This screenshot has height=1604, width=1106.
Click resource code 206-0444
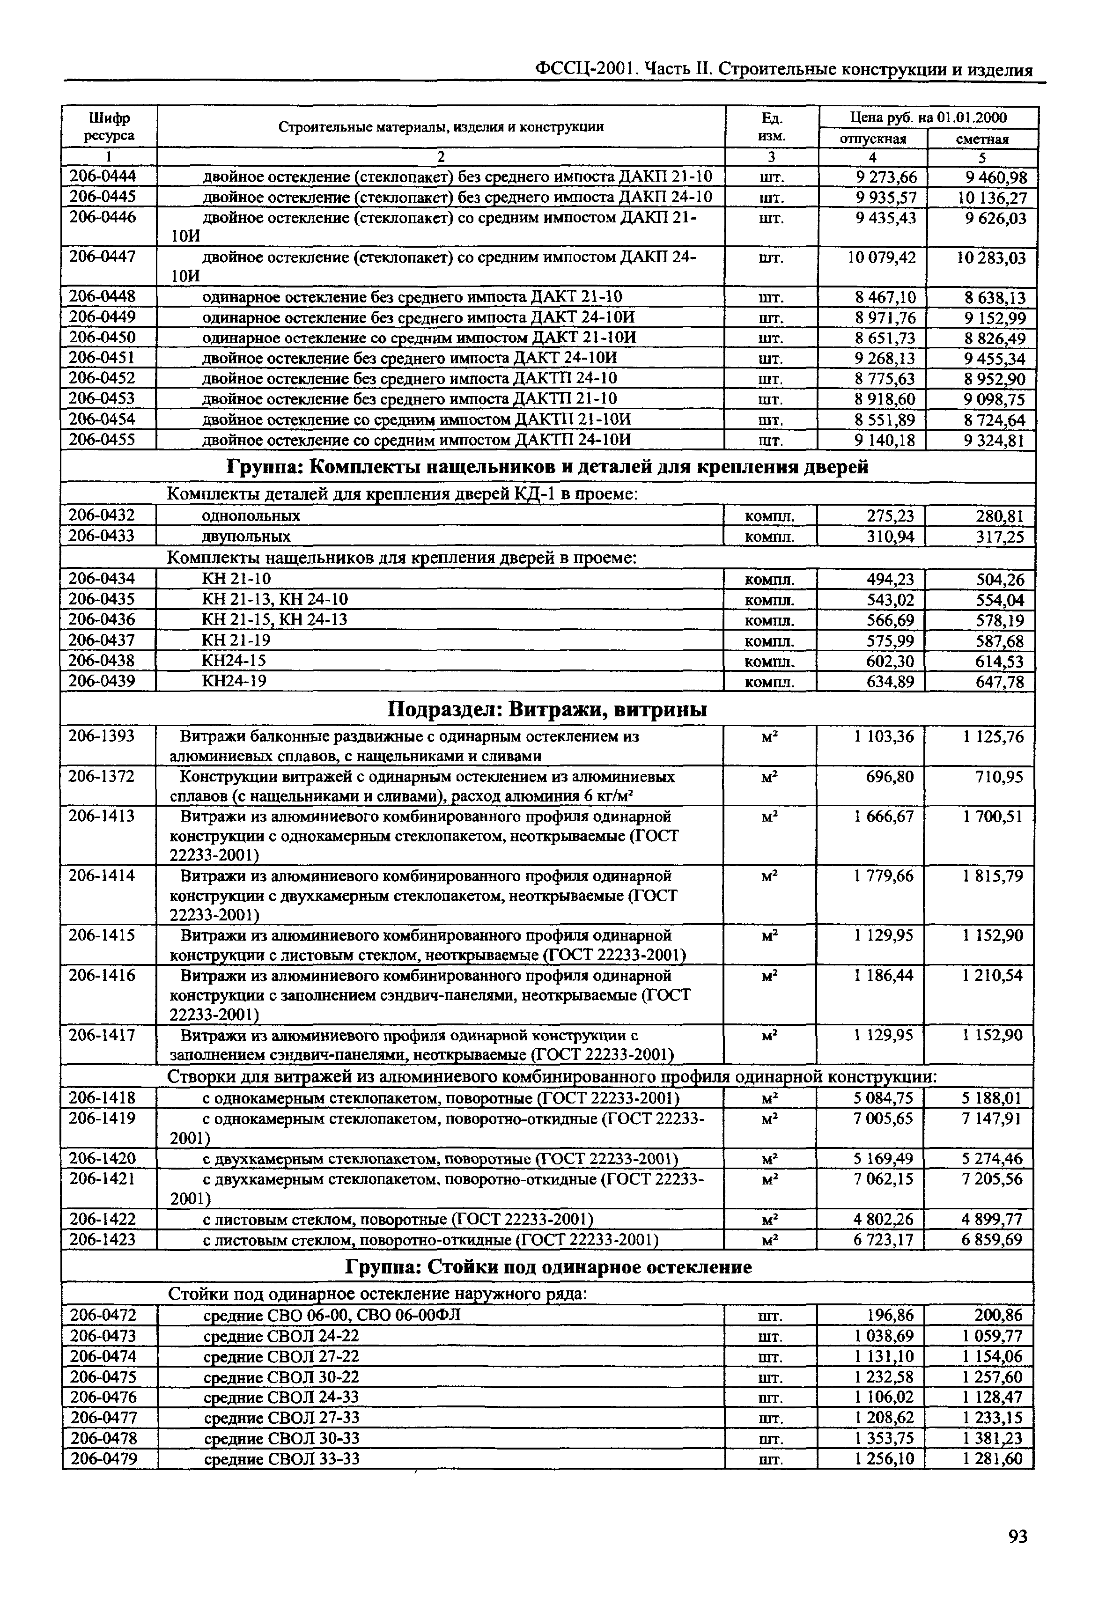click(x=103, y=177)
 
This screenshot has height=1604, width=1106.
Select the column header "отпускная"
click(x=872, y=139)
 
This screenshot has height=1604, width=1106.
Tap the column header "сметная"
click(x=982, y=139)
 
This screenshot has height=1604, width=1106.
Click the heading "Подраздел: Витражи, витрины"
click(x=547, y=709)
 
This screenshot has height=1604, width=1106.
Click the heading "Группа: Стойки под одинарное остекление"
click(x=547, y=1267)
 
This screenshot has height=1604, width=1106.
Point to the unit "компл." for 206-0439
click(x=769, y=682)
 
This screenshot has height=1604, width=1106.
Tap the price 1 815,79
click(x=992, y=876)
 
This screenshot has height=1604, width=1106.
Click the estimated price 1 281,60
click(x=992, y=1459)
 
